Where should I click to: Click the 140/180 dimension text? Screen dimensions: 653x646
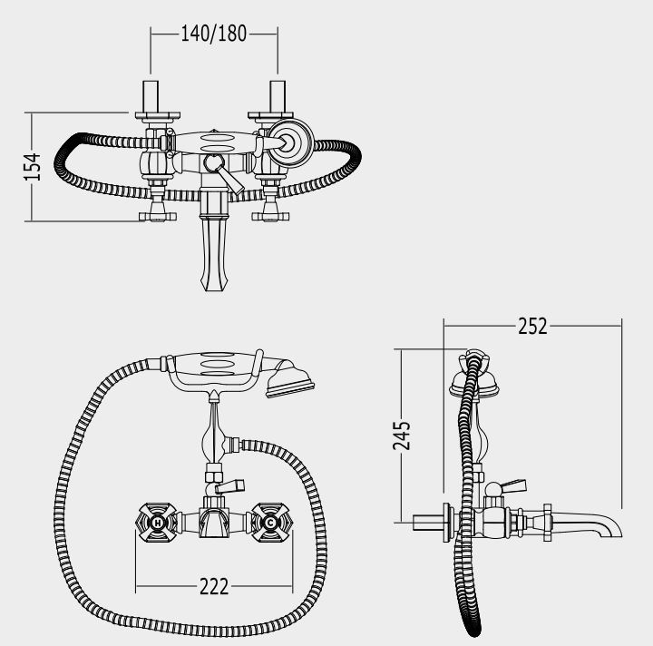click(214, 34)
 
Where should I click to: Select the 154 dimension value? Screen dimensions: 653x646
click(33, 167)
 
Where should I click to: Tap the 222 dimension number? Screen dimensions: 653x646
click(214, 587)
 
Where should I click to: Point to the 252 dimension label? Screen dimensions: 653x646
click(532, 326)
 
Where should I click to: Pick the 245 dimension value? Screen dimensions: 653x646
click(402, 436)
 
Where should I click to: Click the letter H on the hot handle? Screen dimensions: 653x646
click(158, 523)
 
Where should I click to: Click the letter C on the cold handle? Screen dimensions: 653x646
click(270, 523)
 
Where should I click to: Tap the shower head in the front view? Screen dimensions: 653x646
click(289, 378)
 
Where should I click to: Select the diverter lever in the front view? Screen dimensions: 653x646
click(228, 485)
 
